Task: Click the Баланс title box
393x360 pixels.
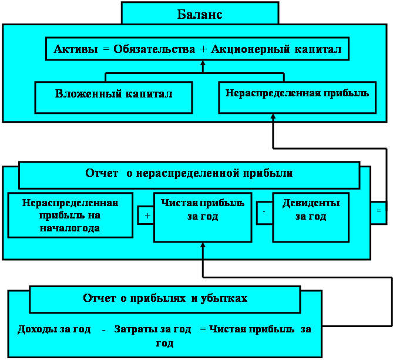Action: pyautogui.click(x=200, y=13)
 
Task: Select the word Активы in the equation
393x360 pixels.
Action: pyautogui.click(x=75, y=49)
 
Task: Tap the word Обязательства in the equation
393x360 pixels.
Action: pyautogui.click(x=154, y=49)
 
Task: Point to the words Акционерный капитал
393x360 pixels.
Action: pyautogui.click(x=276, y=49)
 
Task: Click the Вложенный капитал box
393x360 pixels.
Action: pyautogui.click(x=113, y=97)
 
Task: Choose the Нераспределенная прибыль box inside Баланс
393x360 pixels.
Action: pyautogui.click(x=297, y=97)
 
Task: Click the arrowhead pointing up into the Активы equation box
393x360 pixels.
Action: pyautogui.click(x=203, y=63)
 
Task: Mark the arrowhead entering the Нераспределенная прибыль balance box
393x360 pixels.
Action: pyautogui.click(x=273, y=116)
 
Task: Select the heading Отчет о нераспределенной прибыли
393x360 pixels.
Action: pyautogui.click(x=189, y=173)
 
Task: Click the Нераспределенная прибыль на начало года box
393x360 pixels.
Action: pyautogui.click(x=70, y=215)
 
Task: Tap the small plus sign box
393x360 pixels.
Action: pyautogui.click(x=146, y=215)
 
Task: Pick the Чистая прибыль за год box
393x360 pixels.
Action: pyautogui.click(x=203, y=217)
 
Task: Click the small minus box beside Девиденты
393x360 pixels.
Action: pyautogui.click(x=265, y=213)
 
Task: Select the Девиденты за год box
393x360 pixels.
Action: pyautogui.click(x=311, y=217)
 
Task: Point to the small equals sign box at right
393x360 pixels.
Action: pyautogui.click(x=379, y=213)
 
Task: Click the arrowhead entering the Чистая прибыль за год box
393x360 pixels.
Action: pyautogui.click(x=203, y=245)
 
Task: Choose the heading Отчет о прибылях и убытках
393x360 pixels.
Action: pyautogui.click(x=165, y=298)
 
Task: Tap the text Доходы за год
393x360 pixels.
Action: pyautogui.click(x=54, y=329)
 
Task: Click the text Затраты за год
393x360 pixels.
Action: pyautogui.click(x=153, y=329)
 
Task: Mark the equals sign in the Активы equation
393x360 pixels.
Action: pyautogui.click(x=106, y=49)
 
